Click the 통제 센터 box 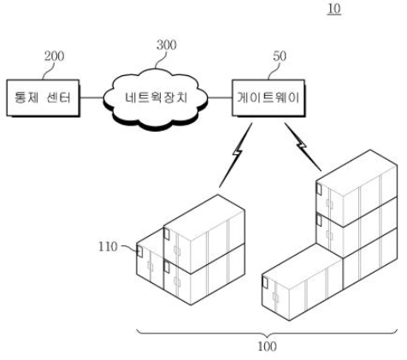click(x=43, y=98)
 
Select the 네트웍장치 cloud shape click(x=156, y=99)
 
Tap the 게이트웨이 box click(x=268, y=98)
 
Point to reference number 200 click(x=54, y=56)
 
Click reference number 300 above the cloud click(x=167, y=44)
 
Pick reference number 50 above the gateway click(x=280, y=56)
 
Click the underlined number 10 click(x=334, y=9)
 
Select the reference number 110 click(x=108, y=246)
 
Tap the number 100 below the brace click(x=267, y=346)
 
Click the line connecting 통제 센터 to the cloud click(x=91, y=97)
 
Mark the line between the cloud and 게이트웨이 click(x=220, y=97)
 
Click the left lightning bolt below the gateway click(x=236, y=155)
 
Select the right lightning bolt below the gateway click(x=303, y=147)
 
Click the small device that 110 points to click(x=139, y=251)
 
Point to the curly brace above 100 click(x=267, y=332)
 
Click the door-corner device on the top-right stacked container click(x=319, y=190)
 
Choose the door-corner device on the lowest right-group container click(x=265, y=282)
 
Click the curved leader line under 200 click(x=48, y=70)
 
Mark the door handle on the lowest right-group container click(x=275, y=297)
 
